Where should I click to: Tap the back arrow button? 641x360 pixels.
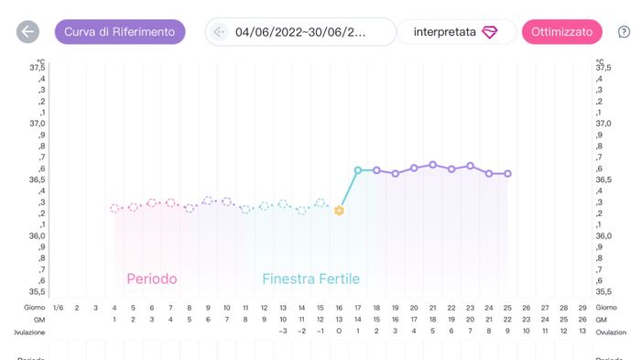pos(27,32)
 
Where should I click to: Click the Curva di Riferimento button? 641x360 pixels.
pos(120,32)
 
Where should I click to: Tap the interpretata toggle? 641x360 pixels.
pos(455,32)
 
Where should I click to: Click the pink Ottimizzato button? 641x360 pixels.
pos(562,32)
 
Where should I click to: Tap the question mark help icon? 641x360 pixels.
pos(625,32)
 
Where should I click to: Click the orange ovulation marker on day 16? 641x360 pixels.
pos(339,211)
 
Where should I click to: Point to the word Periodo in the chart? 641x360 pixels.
pos(152,278)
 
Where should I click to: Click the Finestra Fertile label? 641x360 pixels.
pos(310,278)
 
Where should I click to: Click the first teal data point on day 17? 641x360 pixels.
pos(358,169)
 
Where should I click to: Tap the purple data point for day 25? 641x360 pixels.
pos(508,173)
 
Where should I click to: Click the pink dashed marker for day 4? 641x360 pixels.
pos(114,209)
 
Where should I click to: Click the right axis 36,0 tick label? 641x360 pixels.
pos(603,236)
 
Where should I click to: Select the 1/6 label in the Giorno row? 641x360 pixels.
pos(58,308)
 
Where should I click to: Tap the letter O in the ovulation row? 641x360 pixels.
pos(339,331)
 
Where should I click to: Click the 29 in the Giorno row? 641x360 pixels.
pos(583,308)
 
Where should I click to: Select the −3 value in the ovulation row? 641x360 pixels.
pos(283,331)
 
